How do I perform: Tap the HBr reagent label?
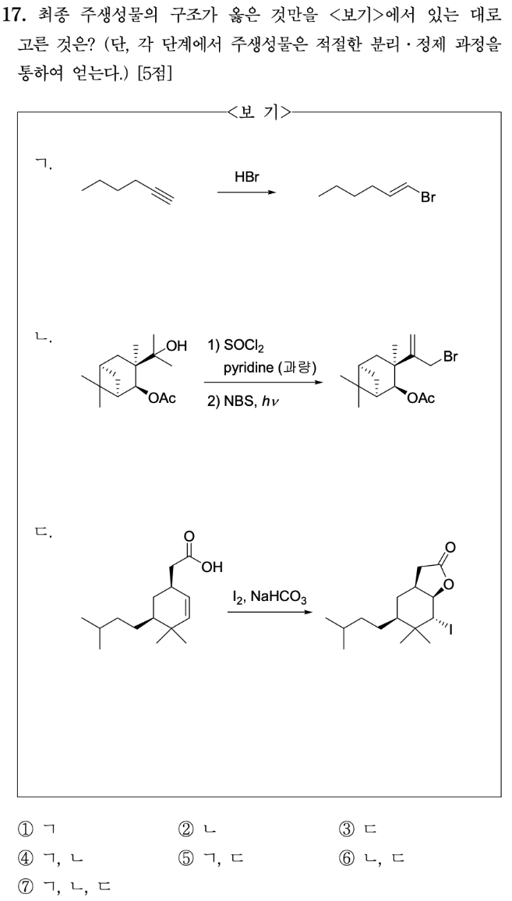[246, 178]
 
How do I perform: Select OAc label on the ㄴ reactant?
[163, 398]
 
